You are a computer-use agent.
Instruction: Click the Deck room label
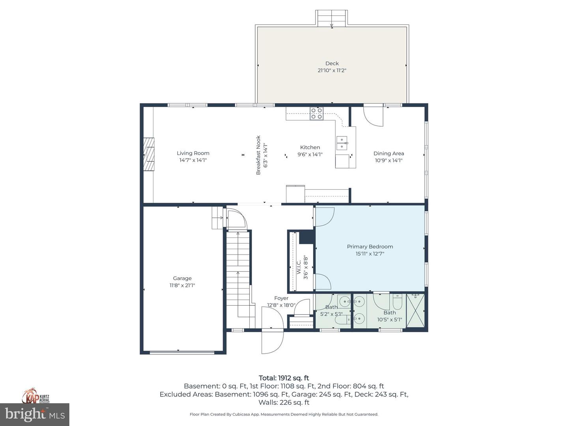click(332, 63)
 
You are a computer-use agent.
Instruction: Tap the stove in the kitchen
click(316, 114)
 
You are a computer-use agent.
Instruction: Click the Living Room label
click(193, 153)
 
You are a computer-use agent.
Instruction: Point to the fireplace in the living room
click(149, 154)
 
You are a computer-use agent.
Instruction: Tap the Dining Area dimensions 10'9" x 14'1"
click(388, 161)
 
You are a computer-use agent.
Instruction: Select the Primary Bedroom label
click(370, 247)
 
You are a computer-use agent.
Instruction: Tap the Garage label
click(182, 278)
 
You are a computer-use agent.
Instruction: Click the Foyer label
click(281, 298)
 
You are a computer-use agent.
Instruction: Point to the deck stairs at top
click(332, 18)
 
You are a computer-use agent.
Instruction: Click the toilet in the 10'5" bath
click(397, 303)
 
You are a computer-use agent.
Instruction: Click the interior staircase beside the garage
click(238, 268)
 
